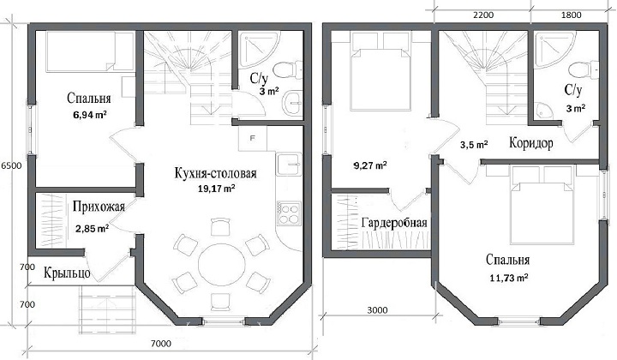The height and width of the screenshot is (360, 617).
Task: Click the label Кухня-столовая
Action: click(x=216, y=173)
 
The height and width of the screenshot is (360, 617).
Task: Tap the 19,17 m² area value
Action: click(x=217, y=189)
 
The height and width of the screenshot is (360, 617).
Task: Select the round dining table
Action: click(x=222, y=263)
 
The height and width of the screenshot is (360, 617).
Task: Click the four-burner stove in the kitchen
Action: click(x=289, y=213)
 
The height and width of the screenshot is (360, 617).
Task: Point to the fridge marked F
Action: click(x=253, y=138)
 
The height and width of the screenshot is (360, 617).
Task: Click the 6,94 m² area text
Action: click(x=90, y=115)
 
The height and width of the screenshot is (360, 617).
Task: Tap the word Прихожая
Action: click(x=99, y=207)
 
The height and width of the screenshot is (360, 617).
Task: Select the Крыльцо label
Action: click(x=67, y=273)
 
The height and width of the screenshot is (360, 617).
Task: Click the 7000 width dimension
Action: click(x=161, y=344)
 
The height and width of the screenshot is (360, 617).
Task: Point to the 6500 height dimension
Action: click(x=11, y=165)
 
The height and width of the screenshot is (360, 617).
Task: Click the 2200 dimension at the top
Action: click(x=483, y=15)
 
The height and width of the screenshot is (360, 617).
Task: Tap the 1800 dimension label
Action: click(x=571, y=15)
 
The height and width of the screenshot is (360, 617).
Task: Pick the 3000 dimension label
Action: click(x=377, y=310)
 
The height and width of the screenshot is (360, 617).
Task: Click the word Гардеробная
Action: click(x=394, y=223)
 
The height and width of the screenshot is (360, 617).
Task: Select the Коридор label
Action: click(x=531, y=142)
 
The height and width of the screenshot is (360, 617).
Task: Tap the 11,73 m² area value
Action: click(x=509, y=278)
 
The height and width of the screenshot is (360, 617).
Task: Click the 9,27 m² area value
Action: click(x=370, y=165)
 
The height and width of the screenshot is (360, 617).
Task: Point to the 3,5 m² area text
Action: click(x=474, y=145)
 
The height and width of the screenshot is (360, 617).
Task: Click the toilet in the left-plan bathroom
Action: click(x=288, y=69)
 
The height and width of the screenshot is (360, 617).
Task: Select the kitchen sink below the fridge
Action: click(x=289, y=164)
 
